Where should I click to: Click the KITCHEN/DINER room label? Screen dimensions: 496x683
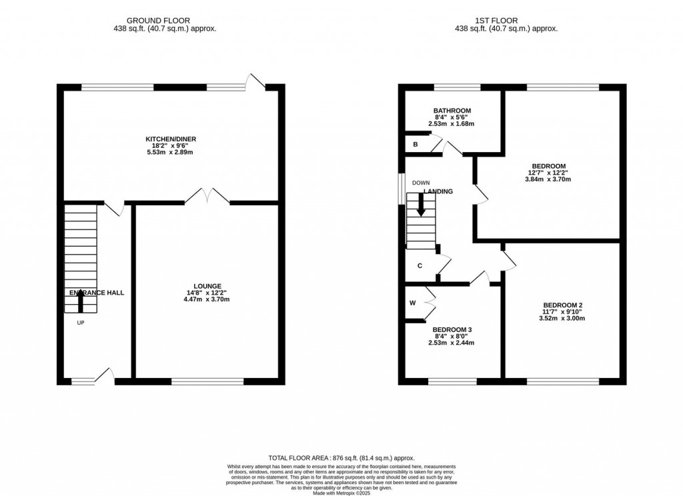click(171, 139)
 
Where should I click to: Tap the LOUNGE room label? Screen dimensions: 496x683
click(207, 286)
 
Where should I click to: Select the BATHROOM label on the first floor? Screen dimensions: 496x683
click(452, 111)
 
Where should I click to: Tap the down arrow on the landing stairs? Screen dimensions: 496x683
click(421, 204)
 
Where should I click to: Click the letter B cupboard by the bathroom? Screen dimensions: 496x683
click(416, 144)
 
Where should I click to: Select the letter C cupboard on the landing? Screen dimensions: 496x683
click(420, 266)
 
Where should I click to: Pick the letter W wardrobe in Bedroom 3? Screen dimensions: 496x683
click(413, 303)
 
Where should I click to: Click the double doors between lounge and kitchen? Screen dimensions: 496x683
click(207, 196)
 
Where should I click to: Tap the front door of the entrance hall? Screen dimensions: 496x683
click(105, 377)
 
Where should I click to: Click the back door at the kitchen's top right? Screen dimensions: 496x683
click(254, 82)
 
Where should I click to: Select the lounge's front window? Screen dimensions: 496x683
click(207, 382)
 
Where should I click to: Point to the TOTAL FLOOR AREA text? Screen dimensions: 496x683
click(341, 458)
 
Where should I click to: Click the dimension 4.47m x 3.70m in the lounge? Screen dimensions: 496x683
click(207, 299)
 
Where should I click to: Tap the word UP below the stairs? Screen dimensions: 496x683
click(80, 323)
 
